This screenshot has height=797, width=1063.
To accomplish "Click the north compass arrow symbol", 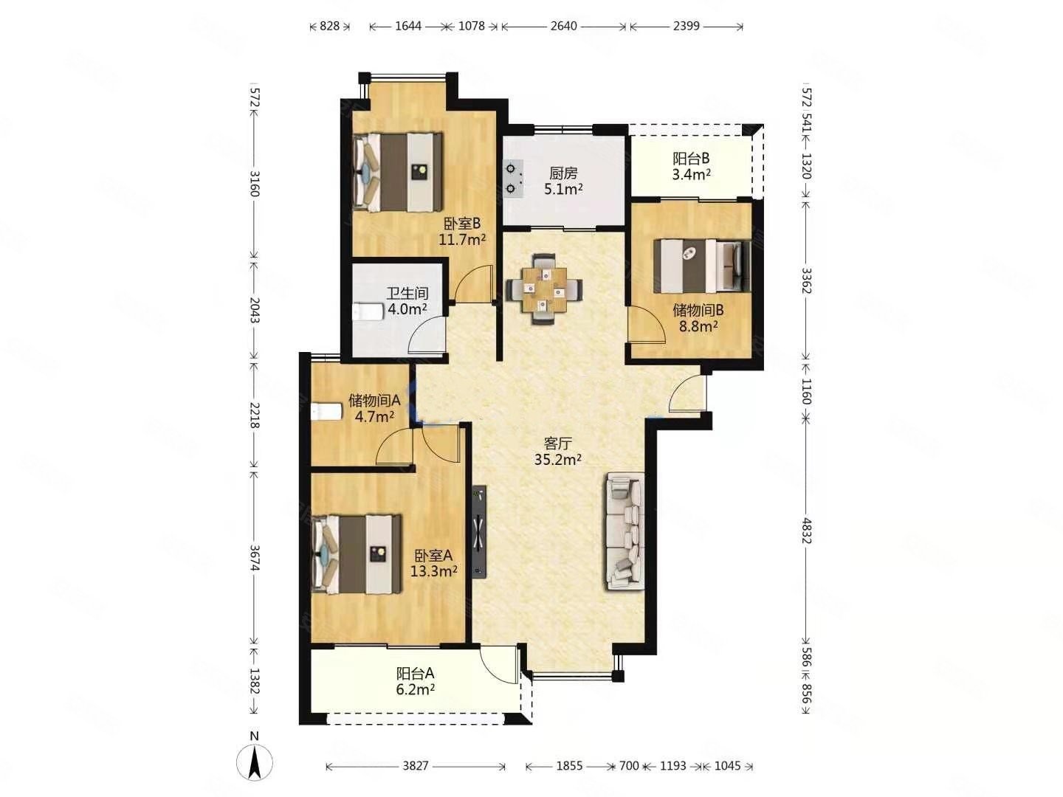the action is click(x=254, y=767).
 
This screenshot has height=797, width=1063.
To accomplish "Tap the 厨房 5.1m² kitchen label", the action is click(x=563, y=181).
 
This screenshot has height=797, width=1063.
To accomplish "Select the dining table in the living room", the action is click(x=544, y=289).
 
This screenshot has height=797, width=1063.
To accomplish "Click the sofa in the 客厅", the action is click(x=624, y=531).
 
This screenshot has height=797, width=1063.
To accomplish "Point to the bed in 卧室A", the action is click(x=357, y=553).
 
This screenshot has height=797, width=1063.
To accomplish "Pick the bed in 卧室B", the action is click(x=398, y=172).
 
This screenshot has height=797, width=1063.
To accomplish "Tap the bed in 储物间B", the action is click(x=702, y=266).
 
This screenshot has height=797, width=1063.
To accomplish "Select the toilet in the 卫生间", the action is click(x=368, y=311).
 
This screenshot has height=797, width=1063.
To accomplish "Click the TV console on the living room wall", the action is click(x=479, y=531).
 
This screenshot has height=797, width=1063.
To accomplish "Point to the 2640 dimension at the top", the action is click(x=563, y=26).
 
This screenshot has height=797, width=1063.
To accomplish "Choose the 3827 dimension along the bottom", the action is click(x=416, y=765).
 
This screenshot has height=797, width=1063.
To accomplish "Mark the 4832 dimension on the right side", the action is click(x=806, y=531).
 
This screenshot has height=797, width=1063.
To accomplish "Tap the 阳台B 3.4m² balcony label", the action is click(x=691, y=166).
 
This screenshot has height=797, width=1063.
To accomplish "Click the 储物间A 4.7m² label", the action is click(x=374, y=408).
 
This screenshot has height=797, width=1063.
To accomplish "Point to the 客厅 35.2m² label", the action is click(x=557, y=451).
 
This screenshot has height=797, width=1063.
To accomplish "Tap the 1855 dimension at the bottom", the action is click(x=569, y=765).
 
